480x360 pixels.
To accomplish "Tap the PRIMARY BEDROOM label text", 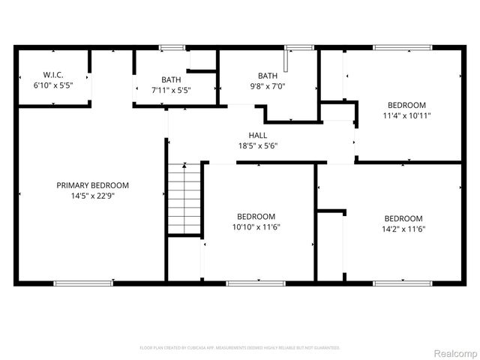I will [x=92, y=185].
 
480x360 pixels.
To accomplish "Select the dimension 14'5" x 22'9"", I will [x=92, y=196].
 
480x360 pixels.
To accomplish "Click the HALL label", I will [x=258, y=135].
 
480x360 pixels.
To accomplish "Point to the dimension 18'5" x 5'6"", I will [x=258, y=145].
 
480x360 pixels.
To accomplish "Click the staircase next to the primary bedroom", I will [x=184, y=199].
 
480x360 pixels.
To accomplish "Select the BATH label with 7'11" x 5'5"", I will [x=172, y=79].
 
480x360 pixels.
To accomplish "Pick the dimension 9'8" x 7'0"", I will [x=268, y=86].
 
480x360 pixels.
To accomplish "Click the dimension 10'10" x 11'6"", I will [x=258, y=226].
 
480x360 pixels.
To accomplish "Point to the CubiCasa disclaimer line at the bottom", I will [x=240, y=348].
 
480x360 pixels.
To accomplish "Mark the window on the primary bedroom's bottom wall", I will [x=83, y=283].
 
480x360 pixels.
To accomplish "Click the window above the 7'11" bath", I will [x=172, y=48].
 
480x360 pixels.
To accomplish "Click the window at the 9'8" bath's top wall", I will [x=301, y=48].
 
